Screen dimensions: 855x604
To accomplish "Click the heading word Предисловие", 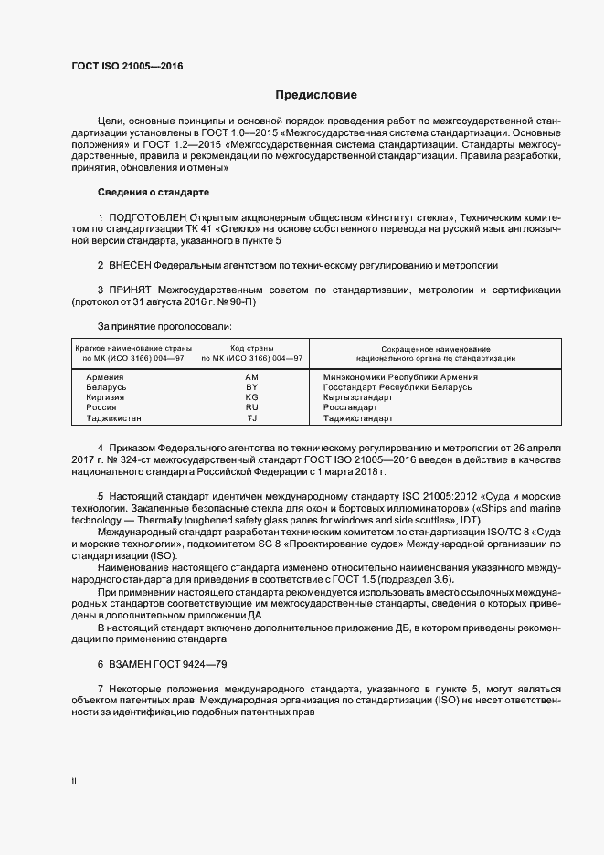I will click(x=317, y=95).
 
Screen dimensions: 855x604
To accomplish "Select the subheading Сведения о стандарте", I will click(x=154, y=193).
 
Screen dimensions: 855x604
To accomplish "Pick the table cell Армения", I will click(x=105, y=376).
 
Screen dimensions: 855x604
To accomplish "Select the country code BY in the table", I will click(x=252, y=387).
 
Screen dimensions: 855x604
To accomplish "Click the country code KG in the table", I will click(x=252, y=397).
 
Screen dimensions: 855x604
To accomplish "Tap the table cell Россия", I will click(x=101, y=407).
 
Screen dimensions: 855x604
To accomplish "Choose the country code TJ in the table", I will click(x=252, y=418).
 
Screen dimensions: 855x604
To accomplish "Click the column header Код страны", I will click(x=252, y=349).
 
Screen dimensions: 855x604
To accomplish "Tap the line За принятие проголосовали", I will click(x=164, y=325).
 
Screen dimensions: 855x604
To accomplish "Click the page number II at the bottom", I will click(x=74, y=782).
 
